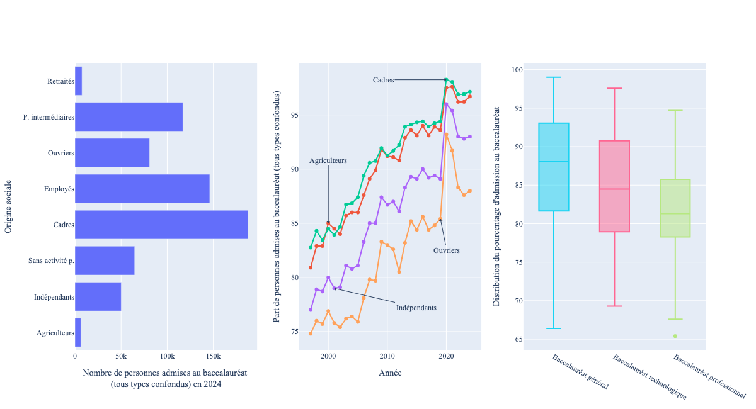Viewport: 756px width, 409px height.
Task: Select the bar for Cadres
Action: (x=161, y=225)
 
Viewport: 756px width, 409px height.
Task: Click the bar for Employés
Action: (x=142, y=189)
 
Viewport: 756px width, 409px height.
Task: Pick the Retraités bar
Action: (x=78, y=81)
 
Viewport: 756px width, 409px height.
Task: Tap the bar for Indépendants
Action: (x=98, y=296)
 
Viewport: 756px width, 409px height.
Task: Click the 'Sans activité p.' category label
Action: (x=52, y=261)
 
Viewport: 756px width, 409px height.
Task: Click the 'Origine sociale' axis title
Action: (x=8, y=206)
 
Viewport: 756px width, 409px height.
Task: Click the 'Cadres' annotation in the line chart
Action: (x=383, y=80)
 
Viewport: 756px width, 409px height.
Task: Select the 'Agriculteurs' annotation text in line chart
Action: (x=328, y=161)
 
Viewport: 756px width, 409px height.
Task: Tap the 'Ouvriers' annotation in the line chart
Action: (x=446, y=250)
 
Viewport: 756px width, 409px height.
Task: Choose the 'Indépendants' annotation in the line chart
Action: (x=416, y=308)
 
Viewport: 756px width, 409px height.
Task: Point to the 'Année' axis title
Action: (x=390, y=373)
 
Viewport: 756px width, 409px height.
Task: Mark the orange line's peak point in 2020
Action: (x=446, y=134)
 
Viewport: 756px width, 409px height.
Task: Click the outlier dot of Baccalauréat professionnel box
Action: (x=675, y=336)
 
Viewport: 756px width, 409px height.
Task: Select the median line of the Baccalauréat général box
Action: (x=554, y=162)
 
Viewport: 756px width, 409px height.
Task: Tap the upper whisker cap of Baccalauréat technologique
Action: (x=614, y=88)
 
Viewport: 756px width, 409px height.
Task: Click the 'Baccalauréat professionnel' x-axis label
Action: (x=709, y=376)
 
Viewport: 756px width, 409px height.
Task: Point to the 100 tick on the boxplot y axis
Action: (x=517, y=70)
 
